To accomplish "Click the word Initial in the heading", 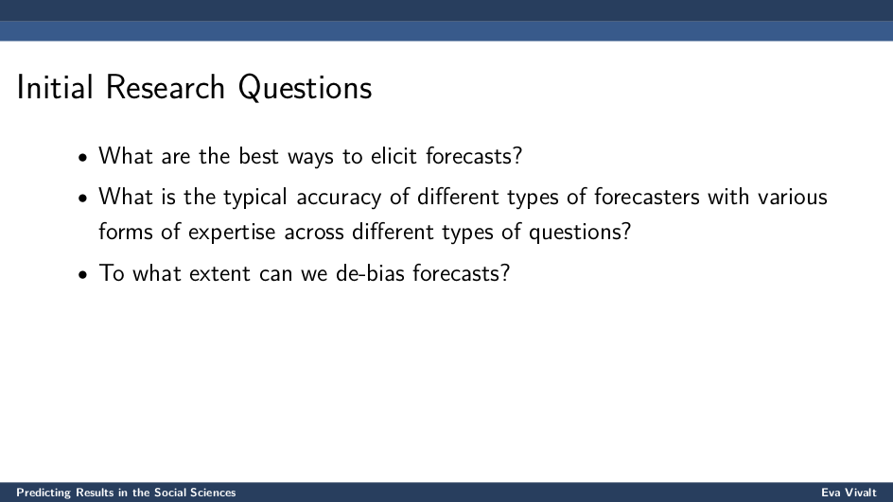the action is tap(55, 88).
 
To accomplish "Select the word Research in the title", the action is tap(166, 88).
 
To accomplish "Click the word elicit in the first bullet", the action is tap(394, 155).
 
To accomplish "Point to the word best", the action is tap(258, 155).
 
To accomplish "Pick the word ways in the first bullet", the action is tap(311, 158).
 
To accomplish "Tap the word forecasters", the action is tap(646, 197).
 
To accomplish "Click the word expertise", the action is tap(232, 233).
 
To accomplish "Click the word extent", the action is tap(219, 274).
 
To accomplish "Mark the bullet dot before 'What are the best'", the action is tap(83, 157).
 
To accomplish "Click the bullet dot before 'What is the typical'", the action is tap(83, 199).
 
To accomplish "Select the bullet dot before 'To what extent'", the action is tap(83, 274).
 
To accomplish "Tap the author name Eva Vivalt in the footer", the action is tap(849, 493).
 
